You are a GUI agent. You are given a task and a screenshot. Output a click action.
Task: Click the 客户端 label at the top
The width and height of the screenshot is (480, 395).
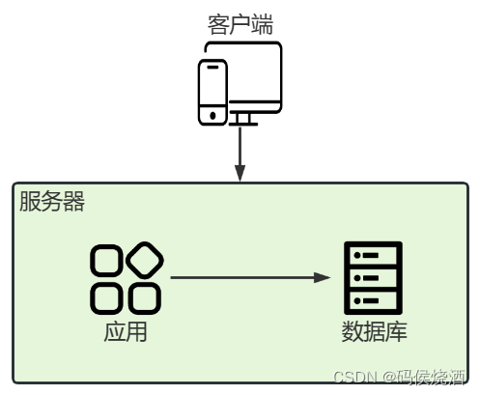click(240, 24)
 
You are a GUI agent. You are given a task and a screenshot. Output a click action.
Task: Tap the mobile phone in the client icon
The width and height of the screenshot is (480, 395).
click(212, 92)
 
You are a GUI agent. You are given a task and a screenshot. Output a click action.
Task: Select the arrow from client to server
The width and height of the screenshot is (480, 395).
click(240, 150)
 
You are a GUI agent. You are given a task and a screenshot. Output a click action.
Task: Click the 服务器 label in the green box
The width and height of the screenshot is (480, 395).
click(52, 202)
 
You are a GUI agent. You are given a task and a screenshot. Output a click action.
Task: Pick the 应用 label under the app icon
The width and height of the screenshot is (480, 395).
click(126, 332)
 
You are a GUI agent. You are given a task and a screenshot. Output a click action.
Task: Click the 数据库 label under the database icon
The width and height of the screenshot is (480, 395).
click(374, 332)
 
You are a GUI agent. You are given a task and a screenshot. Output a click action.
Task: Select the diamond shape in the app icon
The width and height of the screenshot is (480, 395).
click(145, 259)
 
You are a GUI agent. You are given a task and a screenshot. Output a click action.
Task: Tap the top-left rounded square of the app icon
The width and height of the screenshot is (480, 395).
click(106, 261)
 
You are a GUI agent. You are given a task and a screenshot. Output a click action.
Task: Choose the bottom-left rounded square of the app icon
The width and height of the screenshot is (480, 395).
click(106, 297)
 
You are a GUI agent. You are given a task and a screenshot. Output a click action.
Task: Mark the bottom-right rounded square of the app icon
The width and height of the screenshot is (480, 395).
click(144, 297)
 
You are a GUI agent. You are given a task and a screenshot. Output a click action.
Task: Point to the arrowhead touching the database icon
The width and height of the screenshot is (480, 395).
click(323, 278)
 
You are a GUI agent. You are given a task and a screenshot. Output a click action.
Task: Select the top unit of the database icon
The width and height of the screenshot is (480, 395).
click(373, 255)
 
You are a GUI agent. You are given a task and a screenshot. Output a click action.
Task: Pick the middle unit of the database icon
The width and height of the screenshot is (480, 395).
click(373, 278)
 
